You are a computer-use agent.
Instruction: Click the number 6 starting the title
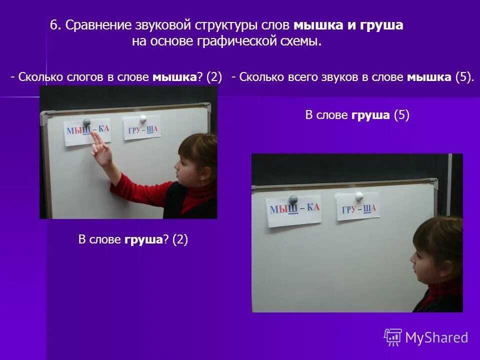coord(53,25)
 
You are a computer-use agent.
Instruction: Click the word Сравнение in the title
coord(97,25)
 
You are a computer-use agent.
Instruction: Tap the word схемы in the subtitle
coord(302,42)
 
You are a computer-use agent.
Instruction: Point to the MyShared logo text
coord(436,337)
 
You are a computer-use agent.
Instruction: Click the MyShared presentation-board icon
coord(393,337)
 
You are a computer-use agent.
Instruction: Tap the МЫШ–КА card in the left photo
coord(87,131)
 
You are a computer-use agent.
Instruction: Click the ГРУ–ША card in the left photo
coord(142,129)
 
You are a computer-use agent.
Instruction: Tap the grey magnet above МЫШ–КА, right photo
coord(293,199)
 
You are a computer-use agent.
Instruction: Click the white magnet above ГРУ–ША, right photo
coord(358,195)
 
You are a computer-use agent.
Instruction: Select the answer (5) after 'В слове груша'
coord(401,115)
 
